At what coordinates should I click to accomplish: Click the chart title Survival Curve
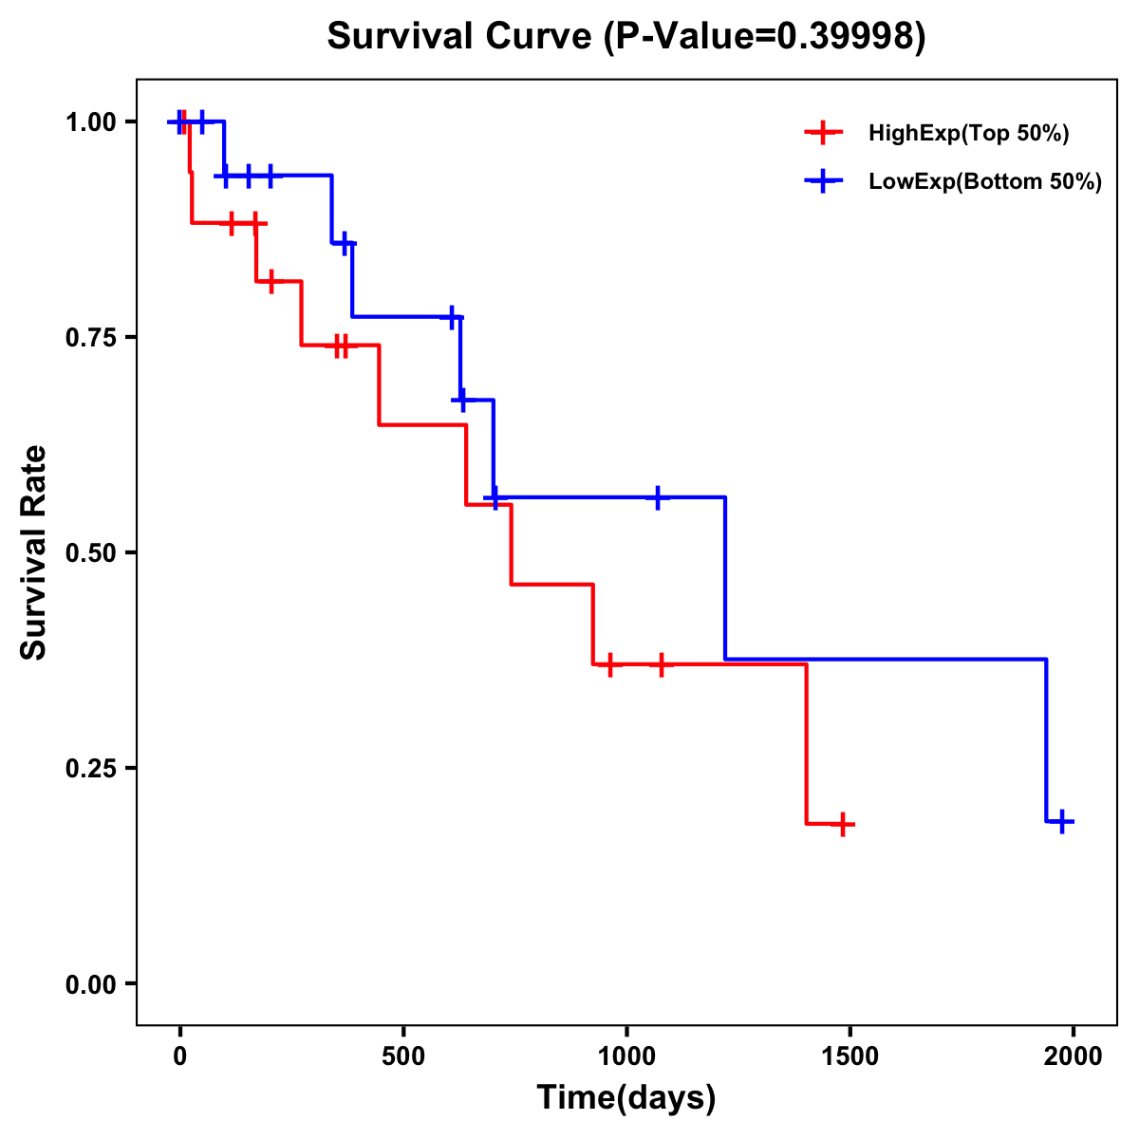click(x=463, y=36)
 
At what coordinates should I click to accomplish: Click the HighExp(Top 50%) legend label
click(x=968, y=133)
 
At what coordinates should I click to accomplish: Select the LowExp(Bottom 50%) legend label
click(x=985, y=181)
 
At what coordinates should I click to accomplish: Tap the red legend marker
click(x=824, y=133)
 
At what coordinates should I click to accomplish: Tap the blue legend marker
click(x=824, y=181)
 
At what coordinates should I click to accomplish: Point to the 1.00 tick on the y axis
click(x=90, y=122)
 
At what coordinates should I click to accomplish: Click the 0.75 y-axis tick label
click(x=90, y=338)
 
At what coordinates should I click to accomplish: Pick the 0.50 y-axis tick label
click(x=90, y=553)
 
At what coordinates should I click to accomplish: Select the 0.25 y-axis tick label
click(x=90, y=769)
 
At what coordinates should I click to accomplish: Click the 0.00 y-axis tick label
click(x=90, y=984)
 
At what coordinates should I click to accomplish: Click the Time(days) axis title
click(x=626, y=1098)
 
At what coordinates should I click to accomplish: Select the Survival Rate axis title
click(x=34, y=552)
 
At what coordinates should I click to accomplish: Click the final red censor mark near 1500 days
click(x=842, y=825)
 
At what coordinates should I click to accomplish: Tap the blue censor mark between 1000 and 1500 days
click(x=657, y=497)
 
